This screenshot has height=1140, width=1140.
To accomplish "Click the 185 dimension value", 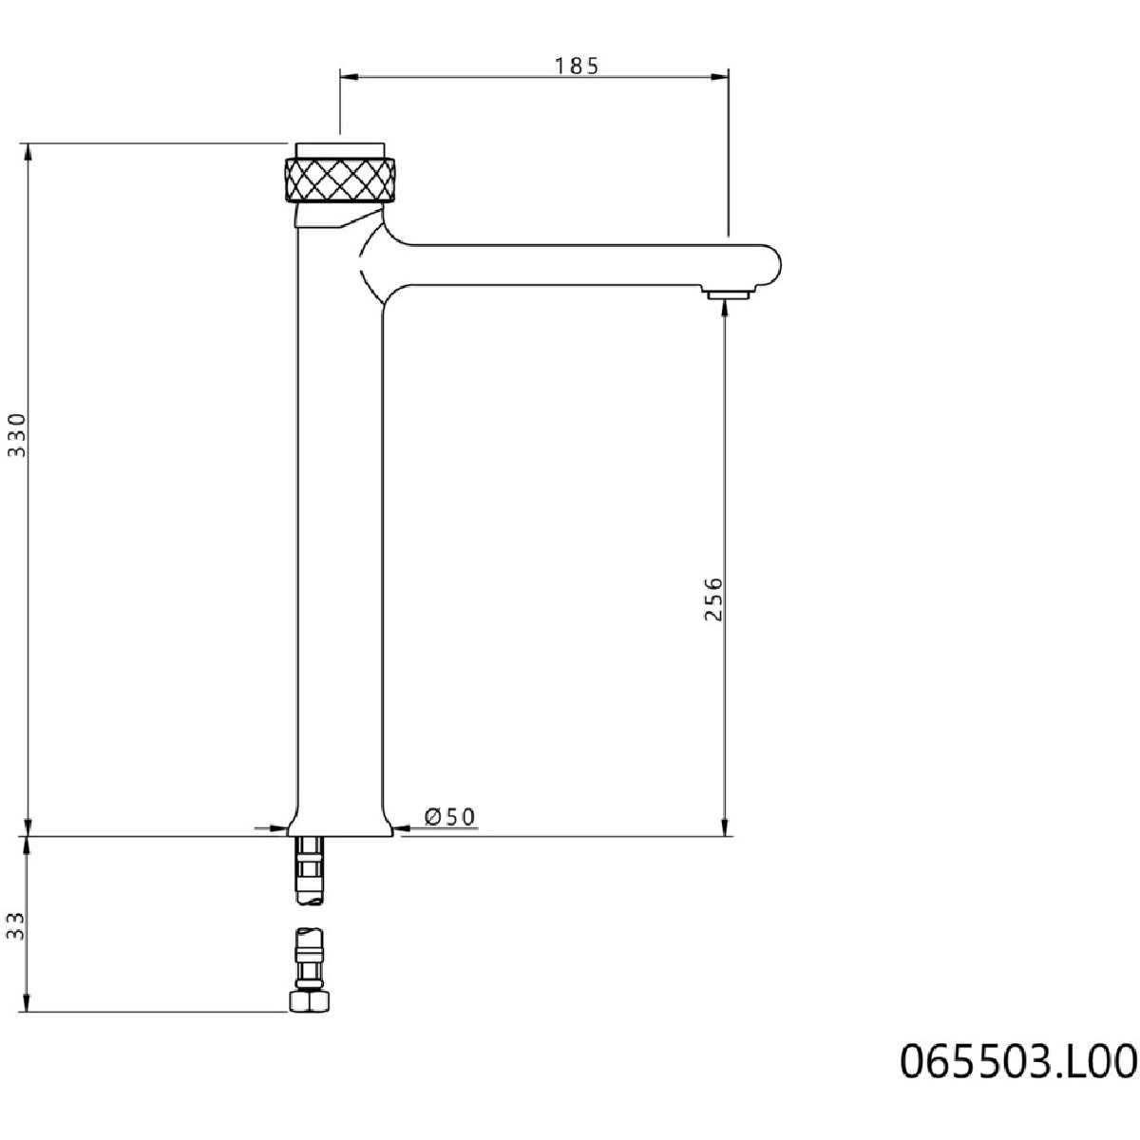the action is (577, 66).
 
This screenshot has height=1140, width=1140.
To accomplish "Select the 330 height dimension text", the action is (18, 435).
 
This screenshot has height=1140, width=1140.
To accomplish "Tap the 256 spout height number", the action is (713, 598).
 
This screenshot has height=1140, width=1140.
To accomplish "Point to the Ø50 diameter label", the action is (449, 816).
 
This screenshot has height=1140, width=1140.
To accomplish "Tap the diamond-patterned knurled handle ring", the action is (340, 180).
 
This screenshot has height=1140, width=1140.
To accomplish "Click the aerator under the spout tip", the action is (727, 293).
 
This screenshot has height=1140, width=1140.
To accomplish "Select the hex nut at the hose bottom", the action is (309, 1001).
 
